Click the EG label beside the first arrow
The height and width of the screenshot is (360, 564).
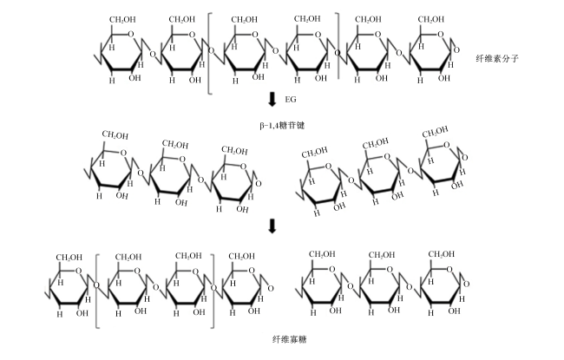click(291, 99)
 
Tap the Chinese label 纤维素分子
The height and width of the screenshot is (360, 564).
click(497, 59)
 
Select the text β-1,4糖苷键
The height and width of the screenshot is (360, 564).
click(282, 126)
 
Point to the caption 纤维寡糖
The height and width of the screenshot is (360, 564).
click(290, 339)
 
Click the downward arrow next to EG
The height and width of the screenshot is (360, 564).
click(272, 99)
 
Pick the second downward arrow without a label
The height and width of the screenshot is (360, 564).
click(272, 226)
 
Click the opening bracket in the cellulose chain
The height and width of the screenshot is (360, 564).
click(210, 54)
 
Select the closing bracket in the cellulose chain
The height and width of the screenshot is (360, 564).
click(338, 46)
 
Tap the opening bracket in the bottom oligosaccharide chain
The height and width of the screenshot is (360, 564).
click(97, 291)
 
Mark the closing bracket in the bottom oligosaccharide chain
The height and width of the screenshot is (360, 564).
click(213, 291)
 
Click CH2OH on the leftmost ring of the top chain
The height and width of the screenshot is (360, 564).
click(122, 19)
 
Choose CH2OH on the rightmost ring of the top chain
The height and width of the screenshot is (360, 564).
click(431, 19)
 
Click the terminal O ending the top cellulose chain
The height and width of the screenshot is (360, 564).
click(456, 50)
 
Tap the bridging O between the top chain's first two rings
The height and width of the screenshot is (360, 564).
click(153, 55)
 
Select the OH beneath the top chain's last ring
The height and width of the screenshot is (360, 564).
click(444, 78)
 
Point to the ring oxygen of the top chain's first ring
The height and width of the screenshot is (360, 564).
click(130, 35)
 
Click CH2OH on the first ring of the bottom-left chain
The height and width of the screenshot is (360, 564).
click(69, 258)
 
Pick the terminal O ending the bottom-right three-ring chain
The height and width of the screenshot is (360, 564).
click(466, 285)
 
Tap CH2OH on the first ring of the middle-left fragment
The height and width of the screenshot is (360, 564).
click(115, 135)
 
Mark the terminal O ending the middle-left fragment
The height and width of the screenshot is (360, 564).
click(258, 184)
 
